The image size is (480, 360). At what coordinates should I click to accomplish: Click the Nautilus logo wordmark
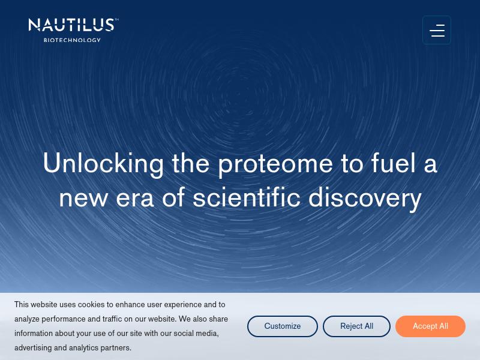72,25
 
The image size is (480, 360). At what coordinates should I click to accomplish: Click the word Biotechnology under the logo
72,40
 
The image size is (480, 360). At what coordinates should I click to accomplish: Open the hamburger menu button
437,30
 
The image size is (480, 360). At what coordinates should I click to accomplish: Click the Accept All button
430,326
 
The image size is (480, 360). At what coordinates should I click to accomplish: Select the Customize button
283,326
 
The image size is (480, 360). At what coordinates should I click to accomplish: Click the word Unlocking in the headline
103,163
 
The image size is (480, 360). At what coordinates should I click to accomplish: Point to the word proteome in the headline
275,163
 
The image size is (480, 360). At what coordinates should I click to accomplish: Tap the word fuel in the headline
394,163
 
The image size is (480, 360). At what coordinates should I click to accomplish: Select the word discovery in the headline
365,198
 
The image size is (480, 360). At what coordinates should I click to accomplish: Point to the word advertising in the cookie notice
33,348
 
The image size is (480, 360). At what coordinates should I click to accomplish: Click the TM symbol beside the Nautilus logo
116,20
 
